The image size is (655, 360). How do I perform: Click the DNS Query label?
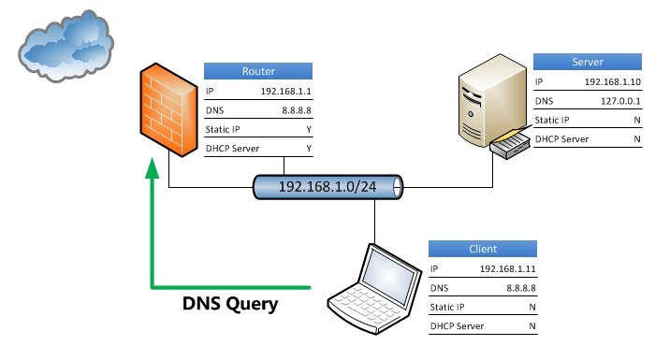point(229,304)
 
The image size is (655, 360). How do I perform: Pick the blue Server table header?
point(588,62)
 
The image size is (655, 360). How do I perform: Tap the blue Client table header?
point(482,250)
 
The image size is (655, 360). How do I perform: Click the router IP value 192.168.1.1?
point(285,93)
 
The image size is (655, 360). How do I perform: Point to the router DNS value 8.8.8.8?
point(294,111)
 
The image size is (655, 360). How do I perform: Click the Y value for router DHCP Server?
point(308,149)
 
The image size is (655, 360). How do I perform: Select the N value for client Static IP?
point(531,307)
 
